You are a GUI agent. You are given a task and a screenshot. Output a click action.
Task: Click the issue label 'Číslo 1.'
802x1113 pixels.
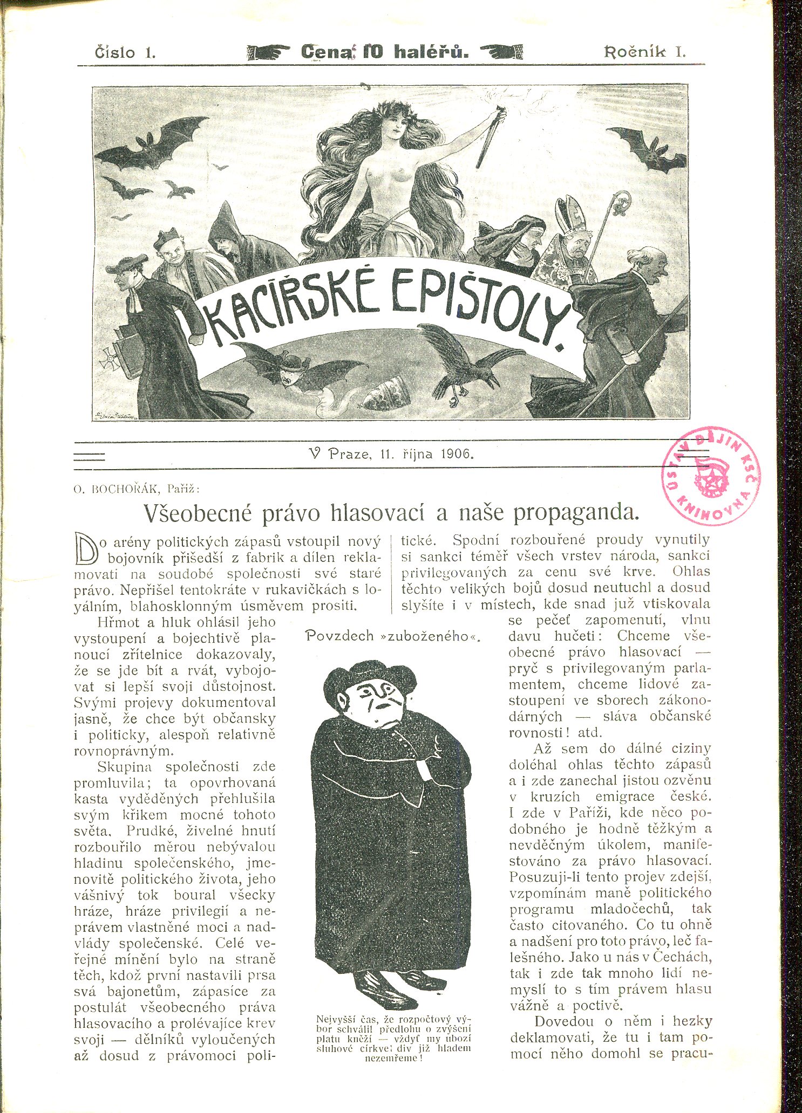pos(125,52)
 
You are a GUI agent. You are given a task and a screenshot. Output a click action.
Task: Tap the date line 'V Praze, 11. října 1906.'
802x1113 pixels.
pos(389,454)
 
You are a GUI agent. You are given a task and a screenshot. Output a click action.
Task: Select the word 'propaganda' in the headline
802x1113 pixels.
pos(574,512)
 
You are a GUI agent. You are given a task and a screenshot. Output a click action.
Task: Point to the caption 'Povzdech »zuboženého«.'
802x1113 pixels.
pos(393,636)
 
